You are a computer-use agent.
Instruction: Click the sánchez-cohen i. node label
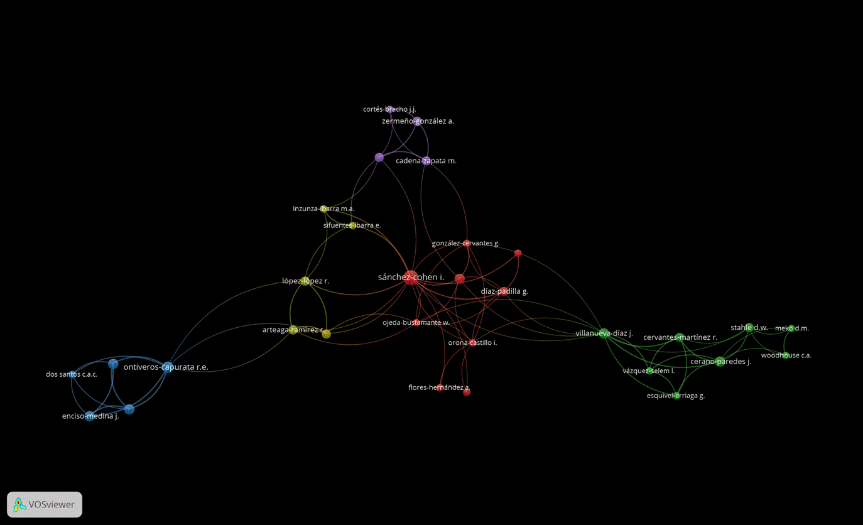411,277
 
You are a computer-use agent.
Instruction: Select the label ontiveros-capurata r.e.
166,367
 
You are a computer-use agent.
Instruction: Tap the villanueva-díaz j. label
604,333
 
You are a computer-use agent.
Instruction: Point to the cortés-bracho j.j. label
389,109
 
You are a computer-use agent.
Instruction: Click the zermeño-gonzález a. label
418,121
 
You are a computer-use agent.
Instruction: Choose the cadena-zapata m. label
426,161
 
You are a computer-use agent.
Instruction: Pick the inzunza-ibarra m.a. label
323,208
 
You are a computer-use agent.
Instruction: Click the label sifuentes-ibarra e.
352,225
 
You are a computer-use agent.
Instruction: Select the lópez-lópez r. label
305,281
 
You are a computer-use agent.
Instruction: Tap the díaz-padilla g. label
504,291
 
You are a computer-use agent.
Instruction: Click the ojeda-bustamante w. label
416,323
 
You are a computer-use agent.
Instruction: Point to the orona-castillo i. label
472,343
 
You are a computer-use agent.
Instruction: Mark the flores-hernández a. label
439,388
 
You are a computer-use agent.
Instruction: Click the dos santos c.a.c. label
72,374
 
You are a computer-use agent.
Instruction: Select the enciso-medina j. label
90,416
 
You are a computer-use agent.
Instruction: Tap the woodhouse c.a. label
786,355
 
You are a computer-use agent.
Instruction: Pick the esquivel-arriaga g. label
676,396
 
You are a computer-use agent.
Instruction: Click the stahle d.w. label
749,327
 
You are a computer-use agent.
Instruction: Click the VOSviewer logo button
45,504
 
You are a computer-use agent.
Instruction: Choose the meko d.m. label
791,328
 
